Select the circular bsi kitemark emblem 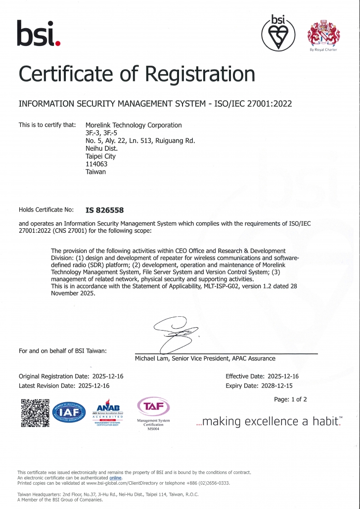pos(278,33)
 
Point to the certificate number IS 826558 pos(105,210)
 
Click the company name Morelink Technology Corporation pos(134,125)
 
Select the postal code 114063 pos(96,164)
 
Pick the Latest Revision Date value pos(94,385)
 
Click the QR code pos(35,413)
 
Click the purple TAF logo pos(153,407)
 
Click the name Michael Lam pos(151,358)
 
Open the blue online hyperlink pos(115,478)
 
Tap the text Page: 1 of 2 pos(290,399)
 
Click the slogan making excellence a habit pos(269,422)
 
